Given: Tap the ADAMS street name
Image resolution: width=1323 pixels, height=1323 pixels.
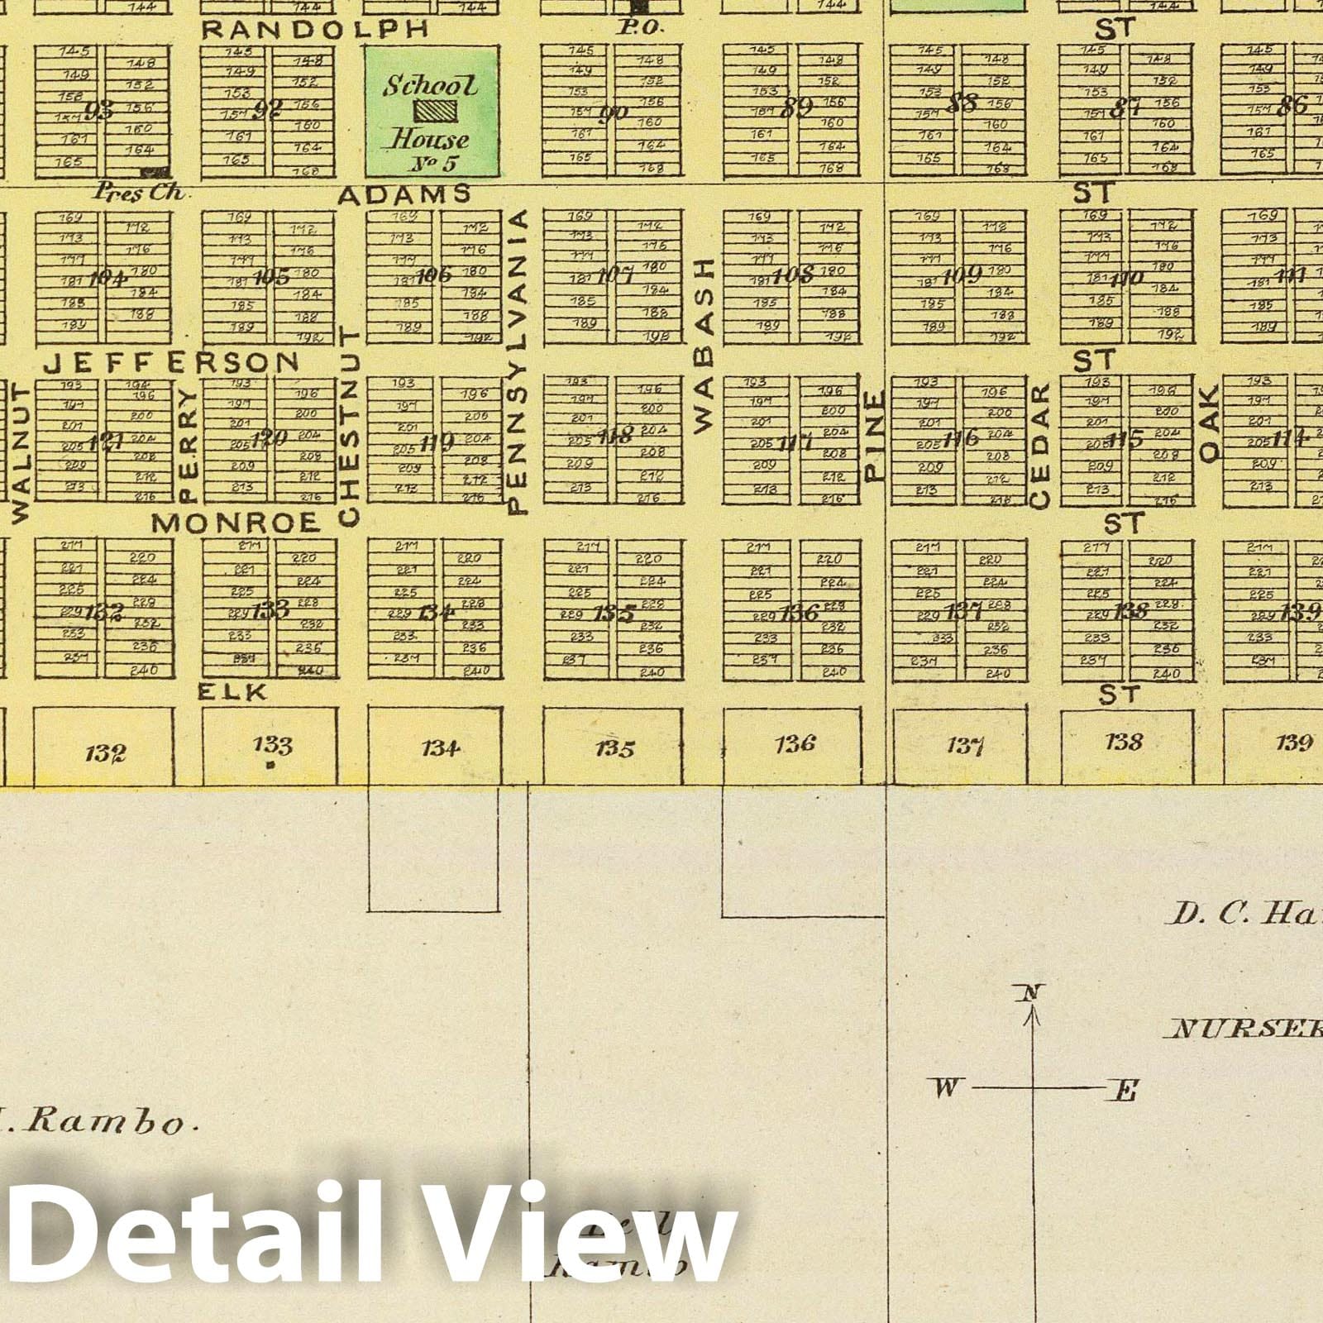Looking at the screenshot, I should tap(404, 194).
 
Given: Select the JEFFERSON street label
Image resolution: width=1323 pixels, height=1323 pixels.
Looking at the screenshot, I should tap(171, 362).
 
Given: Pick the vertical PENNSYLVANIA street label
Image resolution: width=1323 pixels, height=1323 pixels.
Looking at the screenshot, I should tap(519, 361).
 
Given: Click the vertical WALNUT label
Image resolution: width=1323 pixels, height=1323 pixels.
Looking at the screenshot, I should tap(21, 451).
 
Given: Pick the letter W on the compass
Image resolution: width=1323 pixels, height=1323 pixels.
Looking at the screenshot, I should tap(946, 1087).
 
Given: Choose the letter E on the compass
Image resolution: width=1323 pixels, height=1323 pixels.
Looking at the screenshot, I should tap(1124, 1092).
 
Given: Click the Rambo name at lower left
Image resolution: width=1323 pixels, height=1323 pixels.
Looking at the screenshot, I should tap(122, 1124).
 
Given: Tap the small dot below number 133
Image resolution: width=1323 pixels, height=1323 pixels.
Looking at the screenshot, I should tap(271, 767).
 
